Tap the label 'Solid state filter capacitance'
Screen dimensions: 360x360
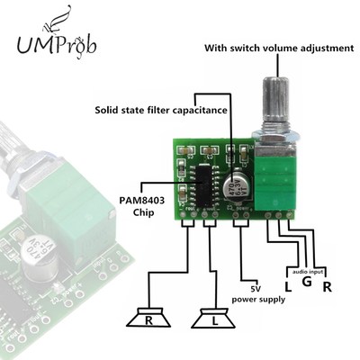coord(160,112)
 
